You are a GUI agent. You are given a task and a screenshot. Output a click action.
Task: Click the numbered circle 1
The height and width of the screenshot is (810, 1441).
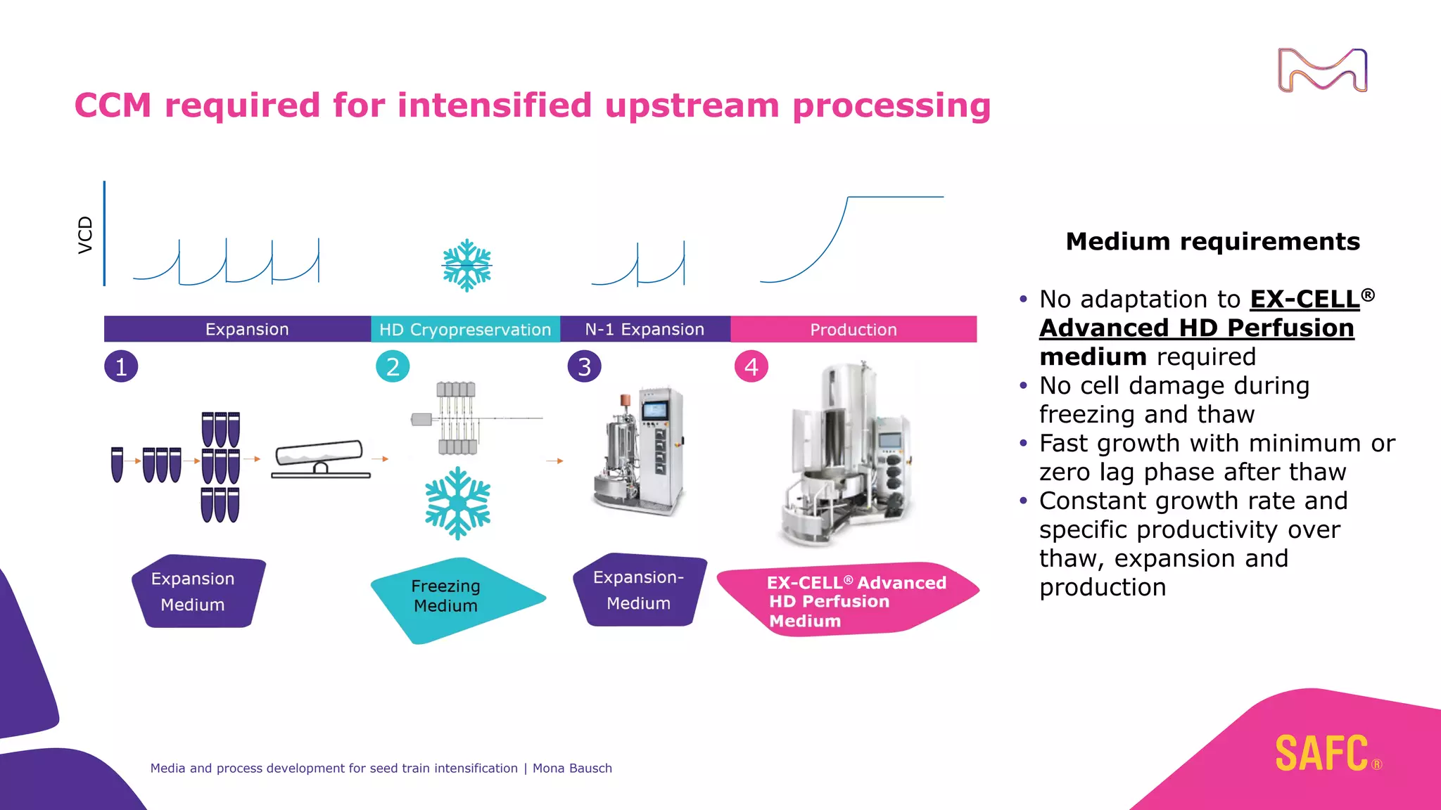click(121, 366)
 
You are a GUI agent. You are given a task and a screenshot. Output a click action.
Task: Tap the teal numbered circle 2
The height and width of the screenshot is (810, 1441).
click(393, 366)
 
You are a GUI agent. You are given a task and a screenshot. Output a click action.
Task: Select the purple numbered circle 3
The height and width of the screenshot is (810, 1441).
click(584, 366)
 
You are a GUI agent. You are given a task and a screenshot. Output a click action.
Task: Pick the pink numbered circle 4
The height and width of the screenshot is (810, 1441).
click(751, 366)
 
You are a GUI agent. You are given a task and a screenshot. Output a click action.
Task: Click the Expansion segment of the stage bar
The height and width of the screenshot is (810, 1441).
click(246, 329)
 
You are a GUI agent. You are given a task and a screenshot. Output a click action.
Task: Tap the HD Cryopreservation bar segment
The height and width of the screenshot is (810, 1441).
click(465, 329)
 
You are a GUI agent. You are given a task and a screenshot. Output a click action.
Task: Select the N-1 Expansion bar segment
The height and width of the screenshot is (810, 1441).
click(645, 329)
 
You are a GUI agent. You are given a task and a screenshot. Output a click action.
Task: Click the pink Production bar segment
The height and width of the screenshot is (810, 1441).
click(853, 329)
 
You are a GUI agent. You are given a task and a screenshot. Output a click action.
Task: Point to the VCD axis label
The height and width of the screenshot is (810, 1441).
click(85, 235)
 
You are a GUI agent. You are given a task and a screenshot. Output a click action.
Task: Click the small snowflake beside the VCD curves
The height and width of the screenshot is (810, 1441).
click(466, 266)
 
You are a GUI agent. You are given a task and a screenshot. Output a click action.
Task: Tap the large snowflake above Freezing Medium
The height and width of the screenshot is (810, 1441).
click(458, 503)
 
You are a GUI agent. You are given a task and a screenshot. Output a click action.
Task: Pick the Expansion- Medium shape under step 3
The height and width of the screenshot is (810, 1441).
click(639, 591)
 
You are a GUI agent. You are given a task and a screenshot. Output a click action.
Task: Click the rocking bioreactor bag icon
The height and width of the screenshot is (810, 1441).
click(320, 461)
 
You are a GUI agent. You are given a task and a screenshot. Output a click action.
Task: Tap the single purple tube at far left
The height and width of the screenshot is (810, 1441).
click(118, 464)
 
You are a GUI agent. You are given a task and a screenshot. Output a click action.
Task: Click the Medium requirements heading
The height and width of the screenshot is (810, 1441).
click(1212, 241)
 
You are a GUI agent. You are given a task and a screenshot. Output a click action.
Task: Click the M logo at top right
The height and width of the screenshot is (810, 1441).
click(1322, 70)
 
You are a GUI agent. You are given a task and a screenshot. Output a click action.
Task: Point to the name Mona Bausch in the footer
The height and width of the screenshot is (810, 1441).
click(572, 769)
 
